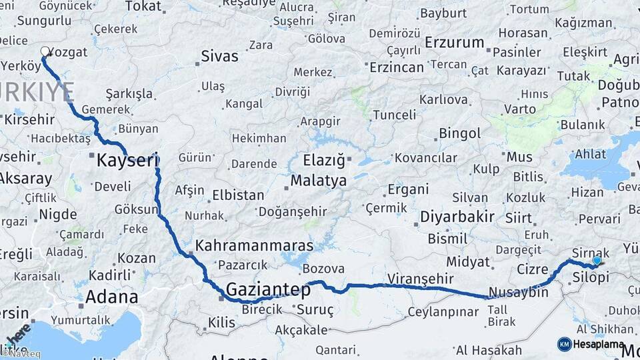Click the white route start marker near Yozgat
(45, 51)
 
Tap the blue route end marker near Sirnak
(597, 261)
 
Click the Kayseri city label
(127, 160)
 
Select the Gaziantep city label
(268, 290)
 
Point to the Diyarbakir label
(457, 217)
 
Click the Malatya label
(318, 181)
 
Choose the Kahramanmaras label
(253, 245)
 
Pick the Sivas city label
(219, 57)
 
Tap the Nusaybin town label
(519, 292)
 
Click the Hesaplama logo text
(599, 344)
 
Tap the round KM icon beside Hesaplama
(564, 344)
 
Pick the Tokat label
(143, 7)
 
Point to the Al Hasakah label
(489, 350)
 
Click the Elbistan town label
(237, 196)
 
